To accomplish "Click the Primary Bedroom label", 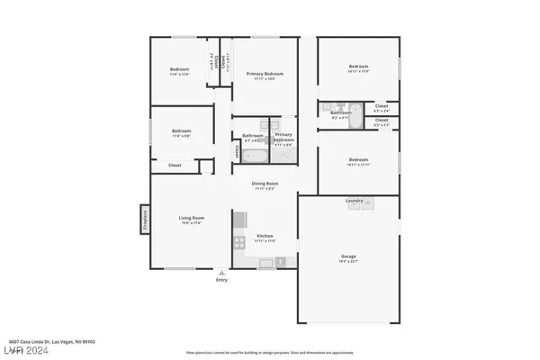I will click(x=265, y=74).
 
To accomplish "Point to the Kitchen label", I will click(x=265, y=237).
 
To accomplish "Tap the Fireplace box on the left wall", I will click(x=142, y=219).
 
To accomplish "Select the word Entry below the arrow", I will click(x=221, y=281).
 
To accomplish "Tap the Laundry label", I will click(x=355, y=200).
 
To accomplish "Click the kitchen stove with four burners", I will click(x=239, y=240).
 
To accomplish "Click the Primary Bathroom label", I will click(x=283, y=139).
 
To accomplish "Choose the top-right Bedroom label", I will click(x=359, y=67).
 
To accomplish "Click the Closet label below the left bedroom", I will click(x=175, y=165).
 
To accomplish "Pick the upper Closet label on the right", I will click(x=381, y=106).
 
